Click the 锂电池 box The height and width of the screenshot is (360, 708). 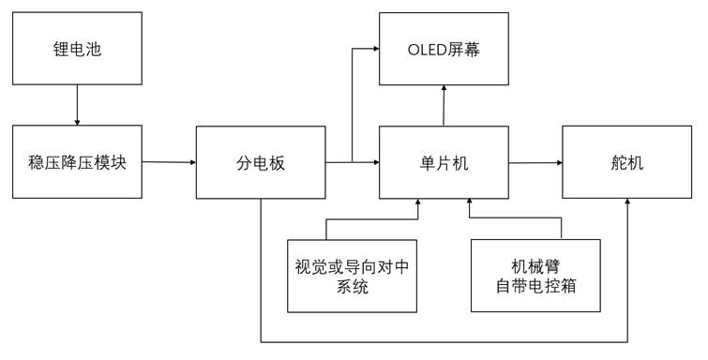click(x=77, y=47)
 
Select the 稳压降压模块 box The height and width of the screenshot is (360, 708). click(x=77, y=161)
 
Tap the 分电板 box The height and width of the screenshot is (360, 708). click(x=261, y=162)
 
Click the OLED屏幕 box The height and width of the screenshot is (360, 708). click(x=444, y=47)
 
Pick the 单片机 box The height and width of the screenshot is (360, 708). click(x=444, y=162)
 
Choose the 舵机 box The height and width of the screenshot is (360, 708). click(x=626, y=162)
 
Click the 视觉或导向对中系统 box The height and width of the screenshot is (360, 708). click(x=352, y=275)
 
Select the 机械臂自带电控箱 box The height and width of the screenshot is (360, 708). click(x=535, y=275)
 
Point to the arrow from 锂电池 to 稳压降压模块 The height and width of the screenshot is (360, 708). click(x=77, y=103)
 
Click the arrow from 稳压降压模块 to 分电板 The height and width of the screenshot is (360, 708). click(x=169, y=162)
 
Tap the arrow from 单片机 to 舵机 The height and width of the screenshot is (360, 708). click(x=535, y=162)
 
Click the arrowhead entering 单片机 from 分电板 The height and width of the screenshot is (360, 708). click(x=374, y=162)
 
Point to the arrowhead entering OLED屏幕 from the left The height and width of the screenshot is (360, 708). click(x=374, y=47)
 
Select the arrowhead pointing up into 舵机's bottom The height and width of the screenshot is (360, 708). click(x=626, y=203)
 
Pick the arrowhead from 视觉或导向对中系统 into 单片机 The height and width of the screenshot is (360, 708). click(x=418, y=203)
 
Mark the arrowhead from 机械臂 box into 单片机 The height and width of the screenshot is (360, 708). click(x=469, y=203)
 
